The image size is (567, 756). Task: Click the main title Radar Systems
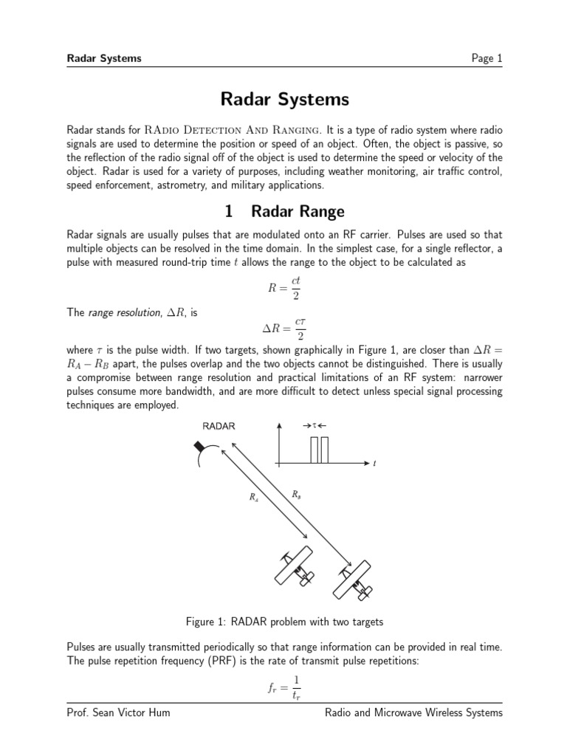point(284,100)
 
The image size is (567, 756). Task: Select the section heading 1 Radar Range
point(284,212)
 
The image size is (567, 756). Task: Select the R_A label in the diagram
point(254,497)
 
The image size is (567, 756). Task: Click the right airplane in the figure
point(353,580)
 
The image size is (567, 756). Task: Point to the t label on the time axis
point(375,464)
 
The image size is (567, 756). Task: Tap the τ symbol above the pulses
point(315,426)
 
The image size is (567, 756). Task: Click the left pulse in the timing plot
point(315,450)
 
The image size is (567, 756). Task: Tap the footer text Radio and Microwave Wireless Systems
point(413,712)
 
